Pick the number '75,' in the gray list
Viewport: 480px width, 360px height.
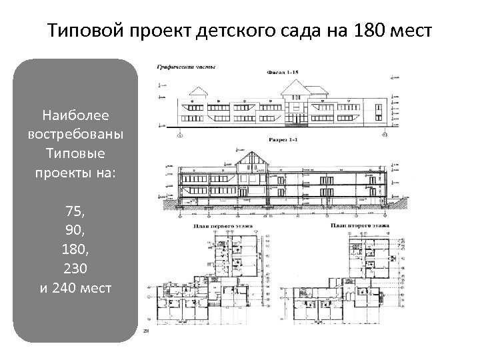tap(75, 211)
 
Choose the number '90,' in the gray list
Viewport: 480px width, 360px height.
tap(75, 231)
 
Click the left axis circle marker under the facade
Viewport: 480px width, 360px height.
tap(179, 134)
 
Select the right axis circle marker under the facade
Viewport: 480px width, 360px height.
tap(385, 134)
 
